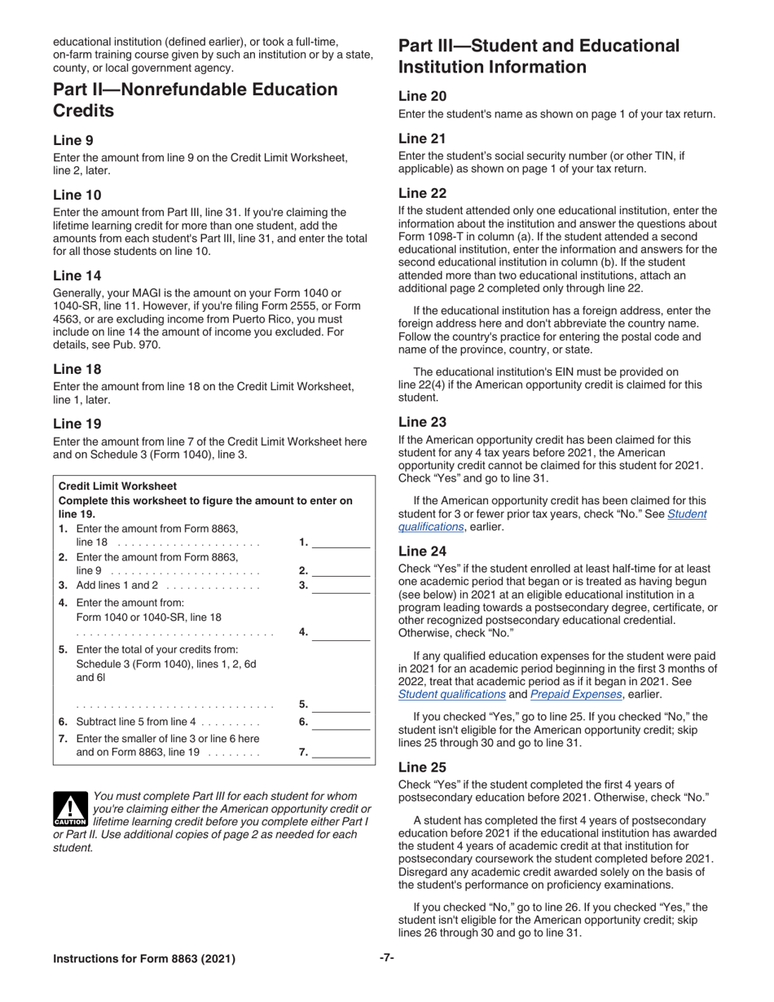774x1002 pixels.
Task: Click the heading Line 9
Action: click(73, 140)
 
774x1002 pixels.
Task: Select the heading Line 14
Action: click(77, 275)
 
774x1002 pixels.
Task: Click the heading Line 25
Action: click(422, 767)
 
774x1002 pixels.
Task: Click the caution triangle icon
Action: click(70, 808)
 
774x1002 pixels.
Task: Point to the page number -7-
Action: click(387, 958)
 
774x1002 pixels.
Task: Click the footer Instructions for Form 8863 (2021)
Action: click(144, 959)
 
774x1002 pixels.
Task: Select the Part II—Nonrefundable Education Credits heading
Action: click(195, 100)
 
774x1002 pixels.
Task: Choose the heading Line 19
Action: click(77, 424)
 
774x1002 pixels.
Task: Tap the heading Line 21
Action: click(422, 138)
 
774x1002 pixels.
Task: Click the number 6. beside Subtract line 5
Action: click(304, 722)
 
